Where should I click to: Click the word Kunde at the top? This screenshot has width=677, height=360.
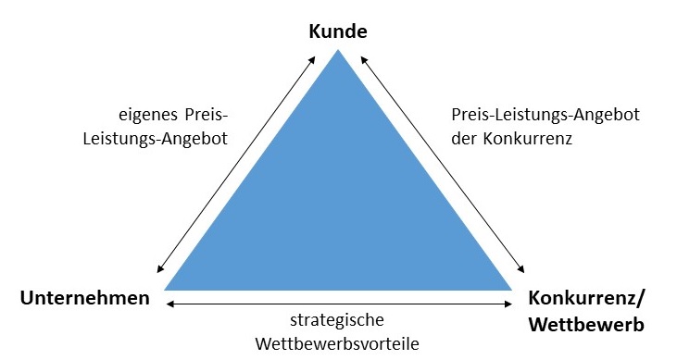tap(339, 32)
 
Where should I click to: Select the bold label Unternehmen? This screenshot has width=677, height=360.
tap(84, 299)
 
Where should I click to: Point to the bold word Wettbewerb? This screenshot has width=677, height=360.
tap(585, 325)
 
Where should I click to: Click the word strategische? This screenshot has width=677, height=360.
tap(339, 321)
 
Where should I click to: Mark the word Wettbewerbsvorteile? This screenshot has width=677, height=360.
tap(339, 344)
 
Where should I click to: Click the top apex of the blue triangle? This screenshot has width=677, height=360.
tap(338, 52)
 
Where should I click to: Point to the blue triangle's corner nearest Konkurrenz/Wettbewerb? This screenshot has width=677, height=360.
tap(510, 289)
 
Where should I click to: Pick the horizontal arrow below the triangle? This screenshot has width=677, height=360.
tap(339, 303)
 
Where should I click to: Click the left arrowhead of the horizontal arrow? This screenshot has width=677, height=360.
tap(169, 303)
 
